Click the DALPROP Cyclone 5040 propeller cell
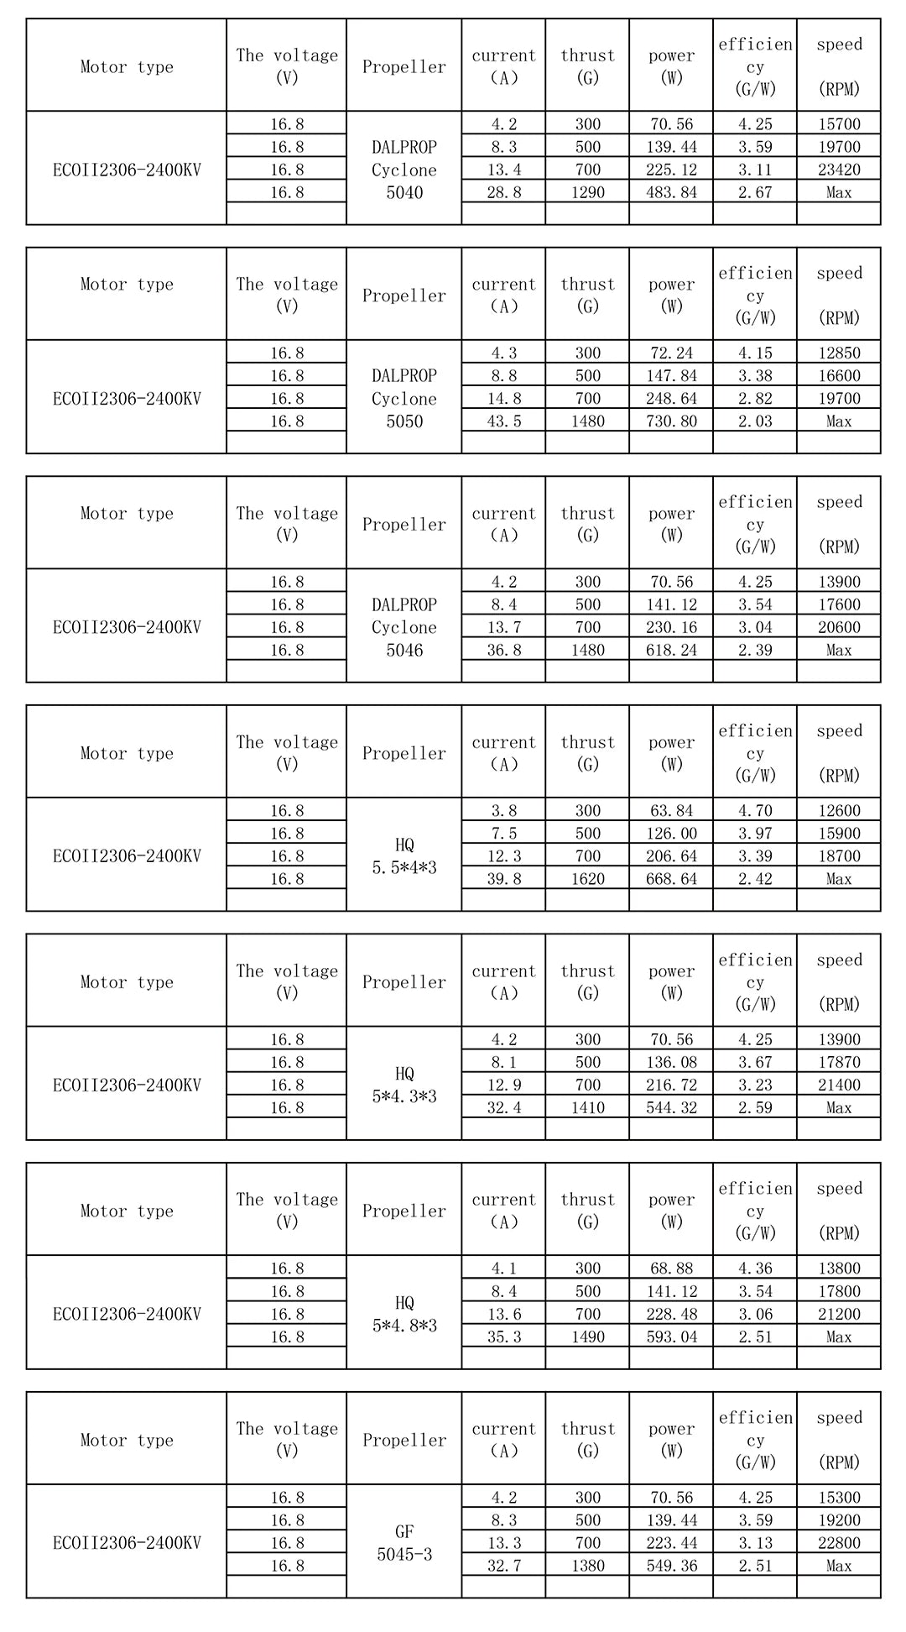pyautogui.click(x=404, y=170)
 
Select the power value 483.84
pyautogui.click(x=671, y=192)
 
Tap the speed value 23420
pyautogui.click(x=839, y=170)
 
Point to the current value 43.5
pyautogui.click(x=503, y=421)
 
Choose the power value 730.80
pyautogui.click(x=671, y=421)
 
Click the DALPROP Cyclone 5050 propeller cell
pyautogui.click(x=404, y=399)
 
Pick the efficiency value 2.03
pyautogui.click(x=755, y=421)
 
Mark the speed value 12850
pyautogui.click(x=839, y=353)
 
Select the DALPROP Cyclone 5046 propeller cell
pyautogui.click(x=404, y=627)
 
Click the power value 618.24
pyautogui.click(x=671, y=650)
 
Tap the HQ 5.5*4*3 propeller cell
pyautogui.click(x=404, y=856)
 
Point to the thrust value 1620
pyautogui.click(x=587, y=879)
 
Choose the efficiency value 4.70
pyautogui.click(x=755, y=811)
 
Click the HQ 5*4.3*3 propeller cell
pyautogui.click(x=404, y=1085)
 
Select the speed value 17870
pyautogui.click(x=839, y=1062)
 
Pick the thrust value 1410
pyautogui.click(x=587, y=1107)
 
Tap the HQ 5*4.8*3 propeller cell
pyautogui.click(x=404, y=1314)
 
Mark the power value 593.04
pyautogui.click(x=671, y=1336)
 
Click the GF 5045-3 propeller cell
pyautogui.click(x=404, y=1543)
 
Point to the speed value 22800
pyautogui.click(x=839, y=1543)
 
